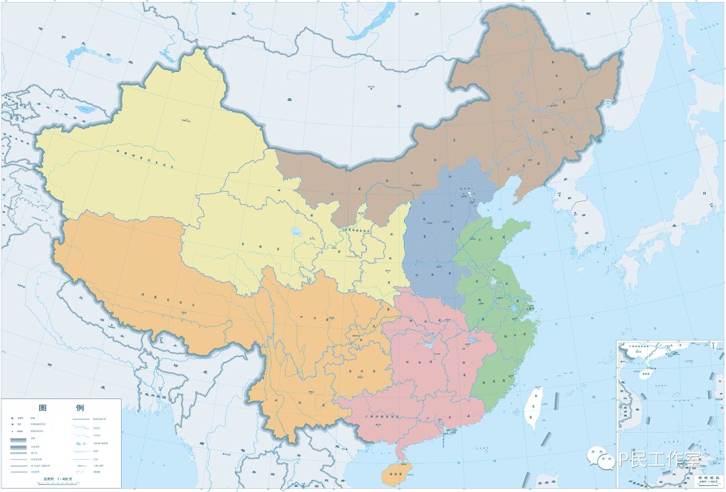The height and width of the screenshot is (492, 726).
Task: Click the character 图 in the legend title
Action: [43, 409]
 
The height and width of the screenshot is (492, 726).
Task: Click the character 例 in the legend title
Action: [79, 409]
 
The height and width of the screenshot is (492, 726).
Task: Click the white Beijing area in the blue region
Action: [471, 195]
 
